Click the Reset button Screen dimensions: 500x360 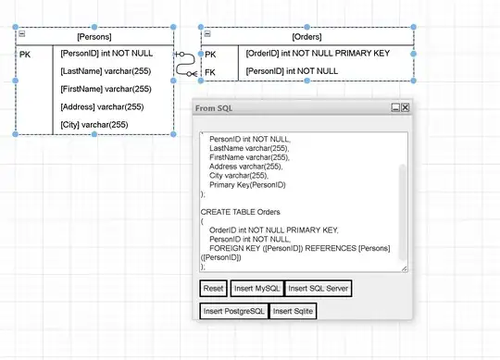[x=214, y=289]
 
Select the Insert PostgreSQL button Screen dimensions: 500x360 [x=233, y=311]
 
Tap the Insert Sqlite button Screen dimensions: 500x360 [x=293, y=311]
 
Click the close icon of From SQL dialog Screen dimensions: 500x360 [x=405, y=108]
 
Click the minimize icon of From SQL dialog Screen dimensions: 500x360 [x=395, y=108]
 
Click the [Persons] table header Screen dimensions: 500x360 [x=94, y=36]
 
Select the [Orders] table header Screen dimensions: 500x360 [x=306, y=36]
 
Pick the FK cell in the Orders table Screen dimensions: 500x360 [x=210, y=71]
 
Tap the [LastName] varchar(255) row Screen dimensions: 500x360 [x=105, y=71]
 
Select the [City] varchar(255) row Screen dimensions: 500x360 [x=94, y=125]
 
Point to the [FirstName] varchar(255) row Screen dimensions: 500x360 [x=105, y=90]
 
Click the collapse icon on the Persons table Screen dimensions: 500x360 [x=21, y=35]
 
